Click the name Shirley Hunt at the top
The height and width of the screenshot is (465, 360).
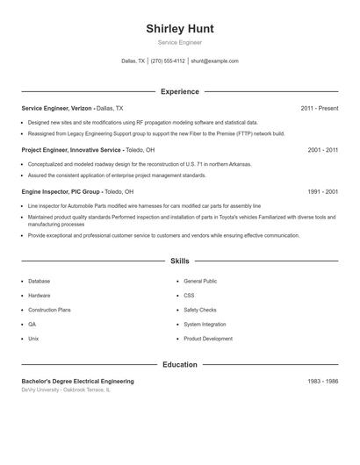point(179,28)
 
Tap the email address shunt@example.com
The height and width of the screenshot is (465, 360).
point(214,61)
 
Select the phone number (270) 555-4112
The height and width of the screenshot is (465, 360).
point(168,61)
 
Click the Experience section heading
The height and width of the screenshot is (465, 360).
point(179,91)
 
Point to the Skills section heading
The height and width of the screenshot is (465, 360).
point(179,261)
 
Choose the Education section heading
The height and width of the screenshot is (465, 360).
point(179,364)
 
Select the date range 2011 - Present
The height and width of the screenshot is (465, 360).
point(319,108)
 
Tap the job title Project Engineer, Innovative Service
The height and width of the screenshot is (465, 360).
point(71,150)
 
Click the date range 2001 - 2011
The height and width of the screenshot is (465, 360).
point(322,150)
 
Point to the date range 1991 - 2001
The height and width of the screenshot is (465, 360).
point(322,191)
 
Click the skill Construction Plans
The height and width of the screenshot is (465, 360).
point(49,310)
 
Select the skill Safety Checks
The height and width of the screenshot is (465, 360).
point(200,310)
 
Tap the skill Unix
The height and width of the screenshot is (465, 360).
point(33,339)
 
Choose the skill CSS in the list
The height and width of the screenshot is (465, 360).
point(189,296)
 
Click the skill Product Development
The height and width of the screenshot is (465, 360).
point(208,339)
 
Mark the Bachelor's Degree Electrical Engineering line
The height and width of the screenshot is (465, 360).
point(77,382)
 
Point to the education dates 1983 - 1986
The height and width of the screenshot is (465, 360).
point(322,382)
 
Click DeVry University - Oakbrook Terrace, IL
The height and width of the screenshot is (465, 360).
point(67,390)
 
